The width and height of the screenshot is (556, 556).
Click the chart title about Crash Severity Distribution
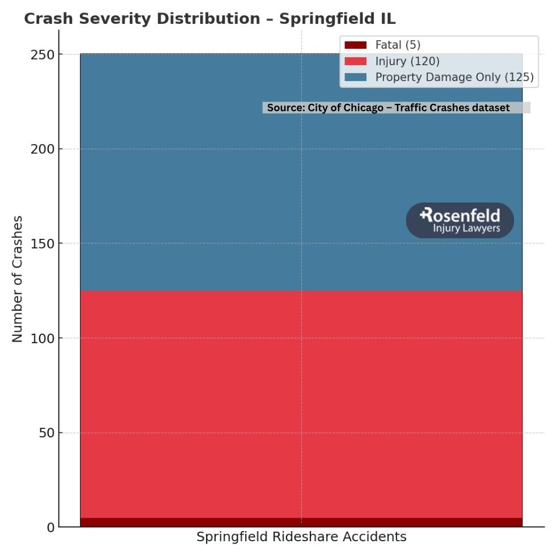tap(209, 19)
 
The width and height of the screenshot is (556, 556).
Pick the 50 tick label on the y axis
tap(46, 433)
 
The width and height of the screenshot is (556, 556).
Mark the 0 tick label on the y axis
tap(51, 528)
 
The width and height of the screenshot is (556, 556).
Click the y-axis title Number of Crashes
tap(18, 279)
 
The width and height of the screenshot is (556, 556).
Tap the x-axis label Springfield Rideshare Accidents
tap(301, 537)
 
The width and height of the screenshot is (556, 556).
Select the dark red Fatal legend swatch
tap(355, 45)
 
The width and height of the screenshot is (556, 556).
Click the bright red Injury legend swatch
tap(355, 61)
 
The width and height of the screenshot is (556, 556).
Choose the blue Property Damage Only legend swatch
tap(355, 77)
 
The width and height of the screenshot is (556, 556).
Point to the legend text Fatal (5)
tap(398, 45)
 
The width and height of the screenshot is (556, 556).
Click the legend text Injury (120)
tap(407, 61)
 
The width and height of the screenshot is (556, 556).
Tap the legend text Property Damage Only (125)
tap(454, 77)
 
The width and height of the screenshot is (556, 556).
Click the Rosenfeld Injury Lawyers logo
tap(460, 221)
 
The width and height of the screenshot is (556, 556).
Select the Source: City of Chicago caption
tap(389, 108)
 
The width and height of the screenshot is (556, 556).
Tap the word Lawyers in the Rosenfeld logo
tap(482, 229)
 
